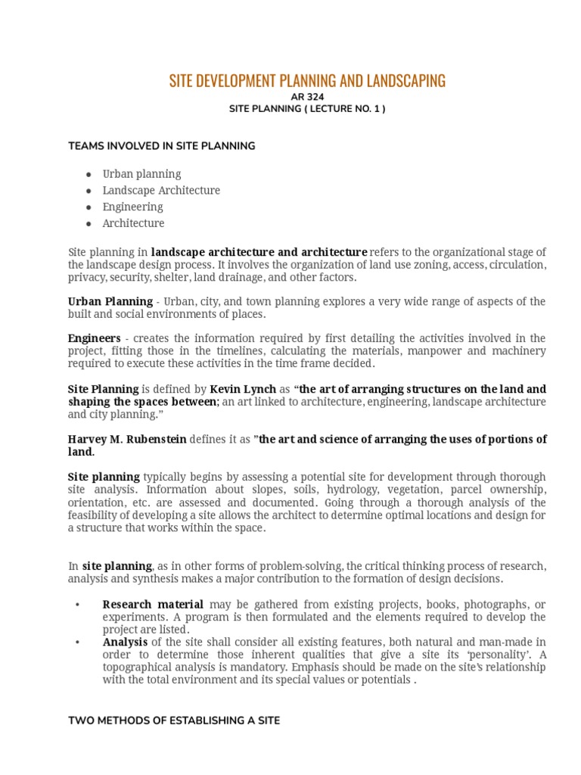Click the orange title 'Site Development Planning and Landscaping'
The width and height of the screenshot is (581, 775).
307,80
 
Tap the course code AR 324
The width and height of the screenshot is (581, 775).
307,97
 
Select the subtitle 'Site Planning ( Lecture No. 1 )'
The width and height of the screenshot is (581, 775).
307,109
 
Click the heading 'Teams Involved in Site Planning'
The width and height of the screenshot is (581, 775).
161,146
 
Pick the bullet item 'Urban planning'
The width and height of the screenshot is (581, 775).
141,174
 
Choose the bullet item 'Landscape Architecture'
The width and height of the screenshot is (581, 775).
161,191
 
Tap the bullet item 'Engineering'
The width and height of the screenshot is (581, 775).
132,207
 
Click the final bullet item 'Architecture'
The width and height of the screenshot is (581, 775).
133,224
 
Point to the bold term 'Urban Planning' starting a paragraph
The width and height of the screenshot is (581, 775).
110,302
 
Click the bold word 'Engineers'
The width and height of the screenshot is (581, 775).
94,338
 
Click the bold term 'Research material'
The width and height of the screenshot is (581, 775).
153,605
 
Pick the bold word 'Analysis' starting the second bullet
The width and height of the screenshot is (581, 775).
123,642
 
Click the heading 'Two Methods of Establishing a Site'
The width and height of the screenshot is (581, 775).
173,721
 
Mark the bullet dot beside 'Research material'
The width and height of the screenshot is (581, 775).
77,605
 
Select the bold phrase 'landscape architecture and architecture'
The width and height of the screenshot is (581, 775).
259,252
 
